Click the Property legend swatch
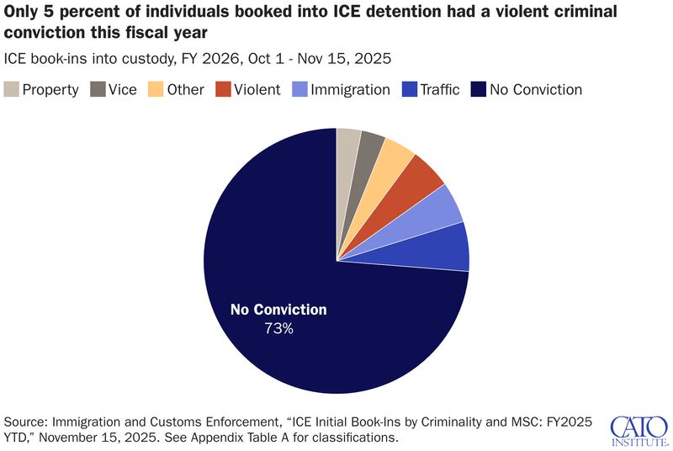pyautogui.click(x=11, y=89)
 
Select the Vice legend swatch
pyautogui.click(x=98, y=89)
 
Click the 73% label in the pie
pyautogui.click(x=278, y=328)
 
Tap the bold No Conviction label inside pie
pyautogui.click(x=278, y=310)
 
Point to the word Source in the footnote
pyautogui.click(x=27, y=421)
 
